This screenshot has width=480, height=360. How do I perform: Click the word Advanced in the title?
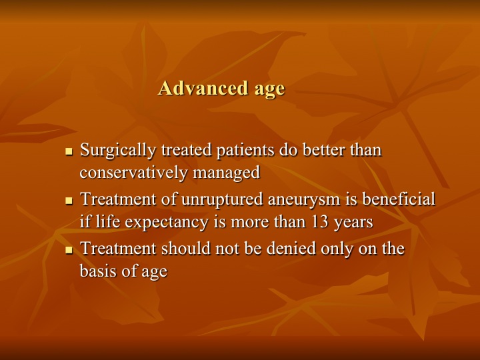[x=203, y=88]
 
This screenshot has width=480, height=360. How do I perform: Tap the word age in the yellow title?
[x=270, y=90]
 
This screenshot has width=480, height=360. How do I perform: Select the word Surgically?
[x=118, y=151]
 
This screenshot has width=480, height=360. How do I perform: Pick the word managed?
[x=227, y=173]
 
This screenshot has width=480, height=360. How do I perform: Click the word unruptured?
[x=222, y=199]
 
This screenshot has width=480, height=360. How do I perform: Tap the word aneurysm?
[x=304, y=200]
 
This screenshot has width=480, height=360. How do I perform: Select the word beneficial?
[x=399, y=199]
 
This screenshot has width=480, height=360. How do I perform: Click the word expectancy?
[x=167, y=222]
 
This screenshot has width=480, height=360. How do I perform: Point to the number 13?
[x=320, y=221]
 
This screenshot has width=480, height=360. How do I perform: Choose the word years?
[x=353, y=223]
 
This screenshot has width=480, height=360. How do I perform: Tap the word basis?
[x=97, y=271]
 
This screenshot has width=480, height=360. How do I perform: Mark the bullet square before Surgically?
[x=69, y=151]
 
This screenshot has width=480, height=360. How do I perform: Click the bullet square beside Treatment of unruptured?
[x=69, y=201]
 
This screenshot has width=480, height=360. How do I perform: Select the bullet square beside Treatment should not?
[x=69, y=250]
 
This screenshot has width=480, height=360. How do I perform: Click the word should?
[x=186, y=248]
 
